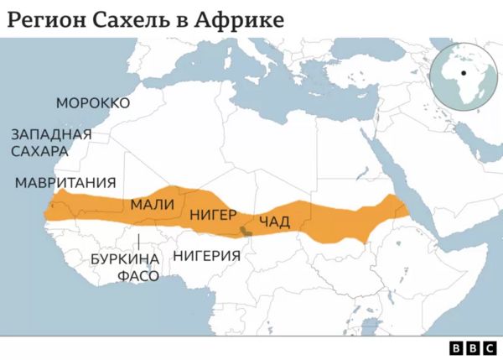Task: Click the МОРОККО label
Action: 93,103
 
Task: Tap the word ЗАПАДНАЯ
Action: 50,134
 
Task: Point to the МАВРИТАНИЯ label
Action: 65,183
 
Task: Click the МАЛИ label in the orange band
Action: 153,204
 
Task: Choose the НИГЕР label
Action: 213,215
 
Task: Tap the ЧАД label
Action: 274,222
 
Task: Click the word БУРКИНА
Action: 124,258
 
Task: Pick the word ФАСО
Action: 137,275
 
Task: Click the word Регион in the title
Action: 44,18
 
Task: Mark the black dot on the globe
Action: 459,73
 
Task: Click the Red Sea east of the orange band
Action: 395,176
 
